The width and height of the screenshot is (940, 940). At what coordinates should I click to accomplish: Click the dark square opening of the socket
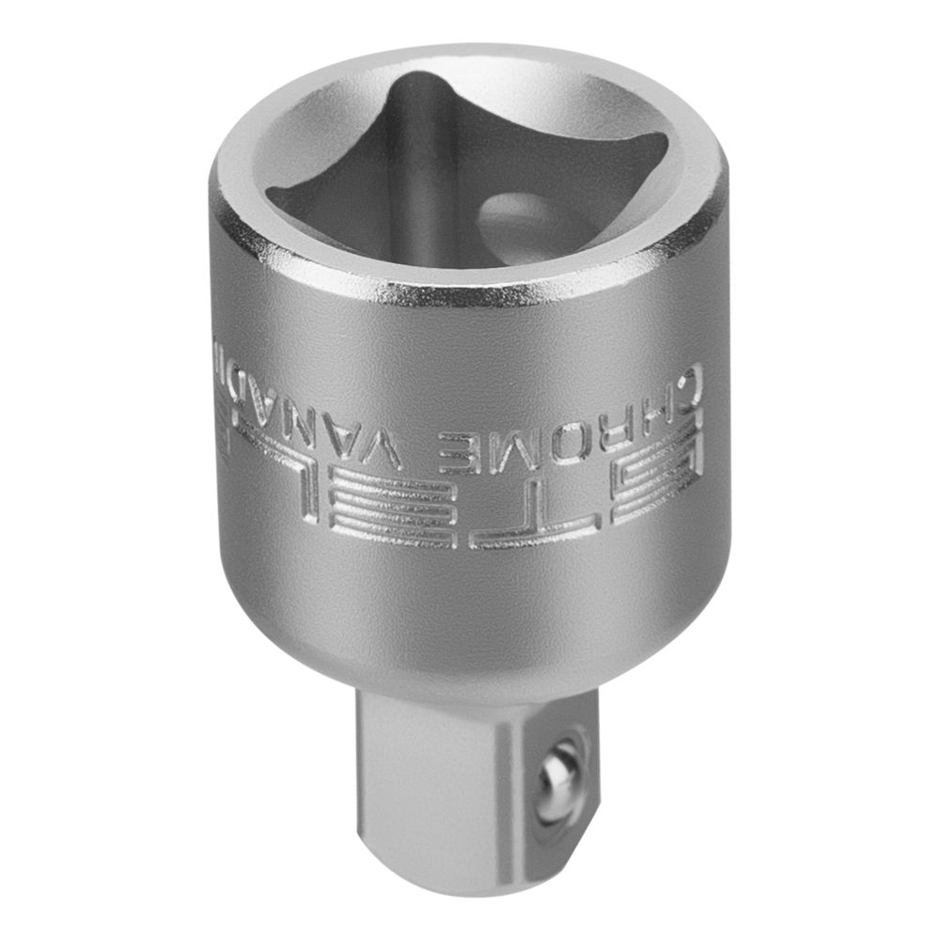(x=451, y=179)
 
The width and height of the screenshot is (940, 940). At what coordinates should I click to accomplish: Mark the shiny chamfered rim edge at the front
(x=470, y=294)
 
